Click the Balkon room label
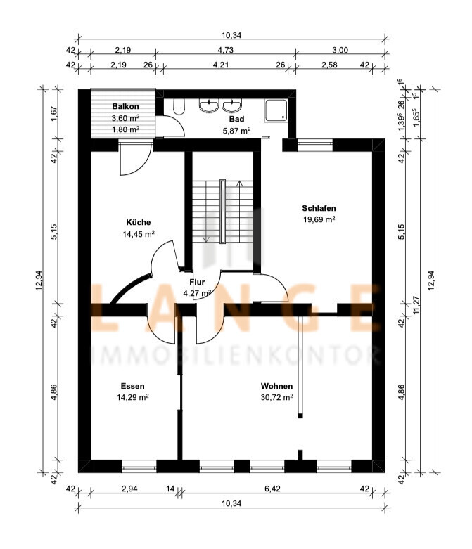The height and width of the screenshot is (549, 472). [125, 106]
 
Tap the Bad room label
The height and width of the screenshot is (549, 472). [236, 119]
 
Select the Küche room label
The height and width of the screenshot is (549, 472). [139, 222]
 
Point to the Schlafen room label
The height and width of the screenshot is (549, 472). [319, 208]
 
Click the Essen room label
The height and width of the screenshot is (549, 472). [132, 386]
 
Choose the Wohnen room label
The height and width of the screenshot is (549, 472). [277, 386]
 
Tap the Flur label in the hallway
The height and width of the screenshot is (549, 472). [197, 282]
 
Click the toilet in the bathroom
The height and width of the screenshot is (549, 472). [179, 106]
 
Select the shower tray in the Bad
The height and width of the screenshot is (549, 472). [276, 110]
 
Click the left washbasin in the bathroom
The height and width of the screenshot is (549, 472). [209, 105]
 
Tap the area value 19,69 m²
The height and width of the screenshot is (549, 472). [319, 219]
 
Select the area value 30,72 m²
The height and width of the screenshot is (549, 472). [277, 397]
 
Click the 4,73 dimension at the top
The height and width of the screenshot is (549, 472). [225, 50]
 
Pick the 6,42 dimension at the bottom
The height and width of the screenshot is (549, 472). [272, 489]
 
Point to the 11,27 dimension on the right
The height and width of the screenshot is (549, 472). [416, 306]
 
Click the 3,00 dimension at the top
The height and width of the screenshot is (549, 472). [340, 50]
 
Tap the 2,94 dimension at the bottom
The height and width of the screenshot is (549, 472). [129, 489]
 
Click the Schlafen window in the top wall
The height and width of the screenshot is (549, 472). [314, 143]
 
